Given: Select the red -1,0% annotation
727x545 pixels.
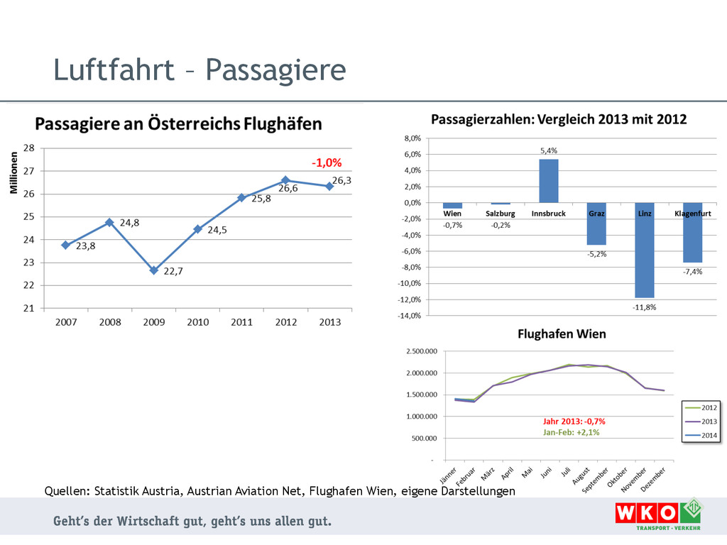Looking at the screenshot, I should (x=327, y=163).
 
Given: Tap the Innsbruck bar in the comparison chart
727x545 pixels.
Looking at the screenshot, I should (x=549, y=181).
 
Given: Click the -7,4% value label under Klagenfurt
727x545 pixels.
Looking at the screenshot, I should (x=692, y=272).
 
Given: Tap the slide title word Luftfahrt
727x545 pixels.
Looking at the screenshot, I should (x=114, y=70).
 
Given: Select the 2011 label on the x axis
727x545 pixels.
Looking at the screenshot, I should (x=241, y=322).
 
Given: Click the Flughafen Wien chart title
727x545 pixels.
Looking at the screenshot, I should (x=562, y=334).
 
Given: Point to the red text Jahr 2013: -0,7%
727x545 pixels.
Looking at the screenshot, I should (x=574, y=421).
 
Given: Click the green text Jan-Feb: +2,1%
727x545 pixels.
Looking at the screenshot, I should (x=572, y=431).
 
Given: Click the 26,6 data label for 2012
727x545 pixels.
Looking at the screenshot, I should (x=288, y=189).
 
